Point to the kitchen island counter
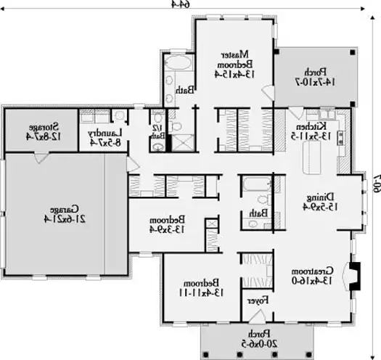click(316, 154)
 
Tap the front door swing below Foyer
click(256, 316)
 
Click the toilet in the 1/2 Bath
click(157, 147)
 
